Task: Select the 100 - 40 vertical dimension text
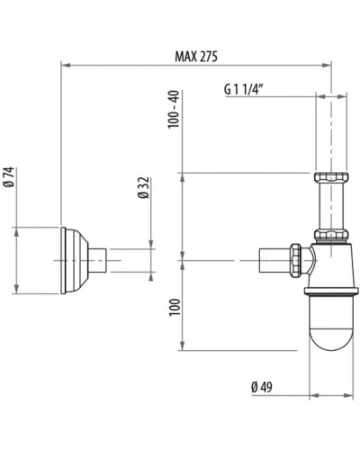coord(174,109)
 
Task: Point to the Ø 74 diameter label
coord(8,177)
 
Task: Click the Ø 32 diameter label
coord(141,188)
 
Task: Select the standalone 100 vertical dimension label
coord(174,308)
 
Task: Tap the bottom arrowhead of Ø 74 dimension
coord(17,292)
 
